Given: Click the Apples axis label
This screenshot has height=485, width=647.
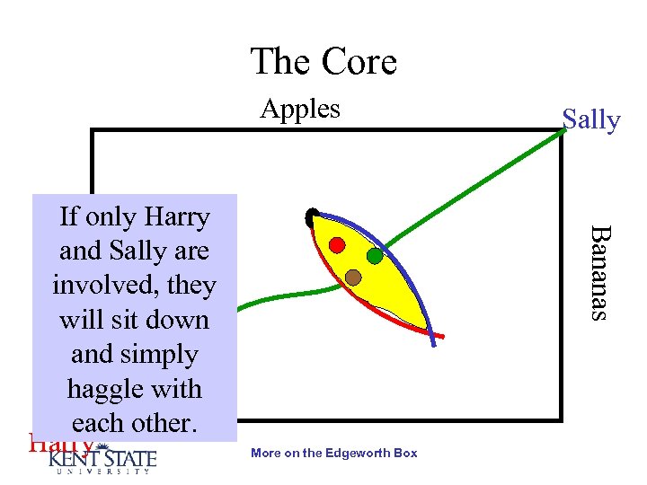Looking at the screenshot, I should pyautogui.click(x=300, y=109).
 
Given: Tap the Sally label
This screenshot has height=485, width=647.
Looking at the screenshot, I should pyautogui.click(x=590, y=119).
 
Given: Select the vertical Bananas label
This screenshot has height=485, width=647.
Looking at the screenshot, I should pyautogui.click(x=598, y=272).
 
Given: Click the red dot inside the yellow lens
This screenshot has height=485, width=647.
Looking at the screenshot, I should pyautogui.click(x=337, y=244).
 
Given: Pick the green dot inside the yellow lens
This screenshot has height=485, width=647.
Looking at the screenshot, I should pyautogui.click(x=375, y=256).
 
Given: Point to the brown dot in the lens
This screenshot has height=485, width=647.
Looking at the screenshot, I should pyautogui.click(x=353, y=277).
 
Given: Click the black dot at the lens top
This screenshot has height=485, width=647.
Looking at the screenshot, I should pyautogui.click(x=311, y=216).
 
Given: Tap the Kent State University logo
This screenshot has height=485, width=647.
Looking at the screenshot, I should pyautogui.click(x=102, y=459).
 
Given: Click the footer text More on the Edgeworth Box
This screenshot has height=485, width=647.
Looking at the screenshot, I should pyautogui.click(x=334, y=453).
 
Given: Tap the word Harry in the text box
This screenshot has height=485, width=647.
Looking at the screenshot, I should pyautogui.click(x=175, y=217).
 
